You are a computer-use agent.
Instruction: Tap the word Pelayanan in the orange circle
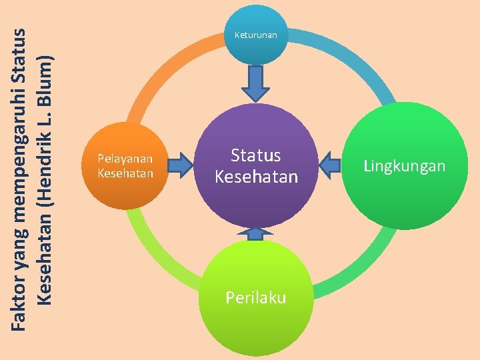pyautogui.click(x=125, y=159)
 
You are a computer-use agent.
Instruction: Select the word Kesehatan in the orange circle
pyautogui.click(x=125, y=173)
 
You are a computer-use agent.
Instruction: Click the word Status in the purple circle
pyautogui.click(x=255, y=156)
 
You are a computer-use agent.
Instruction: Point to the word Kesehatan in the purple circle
pyautogui.click(x=255, y=177)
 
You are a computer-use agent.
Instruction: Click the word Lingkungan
pyautogui.click(x=404, y=166)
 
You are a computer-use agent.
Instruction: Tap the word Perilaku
pyautogui.click(x=255, y=297)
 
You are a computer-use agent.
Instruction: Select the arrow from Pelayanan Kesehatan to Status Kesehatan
pyautogui.click(x=179, y=164)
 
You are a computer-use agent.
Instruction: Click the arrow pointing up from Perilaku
pyautogui.click(x=255, y=233)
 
